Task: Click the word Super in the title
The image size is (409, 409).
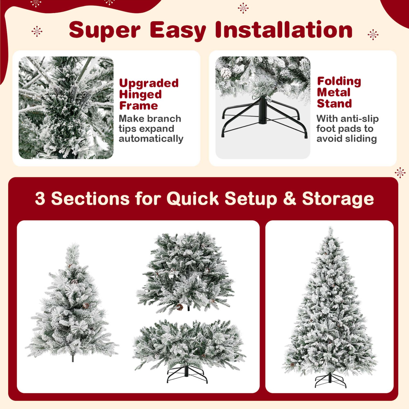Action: point(105,31)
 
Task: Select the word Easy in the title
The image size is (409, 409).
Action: point(178,31)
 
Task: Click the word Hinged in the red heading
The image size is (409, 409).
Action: point(140,95)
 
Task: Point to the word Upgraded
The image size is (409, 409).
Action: point(149,83)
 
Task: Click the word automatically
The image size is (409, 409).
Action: point(151,139)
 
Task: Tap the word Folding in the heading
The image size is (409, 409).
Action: point(339,81)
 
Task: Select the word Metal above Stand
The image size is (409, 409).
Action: point(333,92)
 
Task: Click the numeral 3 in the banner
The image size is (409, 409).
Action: point(40,199)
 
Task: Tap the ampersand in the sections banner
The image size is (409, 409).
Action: point(289,199)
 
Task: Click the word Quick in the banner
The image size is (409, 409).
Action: point(193,199)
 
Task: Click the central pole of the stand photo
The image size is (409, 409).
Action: point(263,110)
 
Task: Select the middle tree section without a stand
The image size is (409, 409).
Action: point(185,273)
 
